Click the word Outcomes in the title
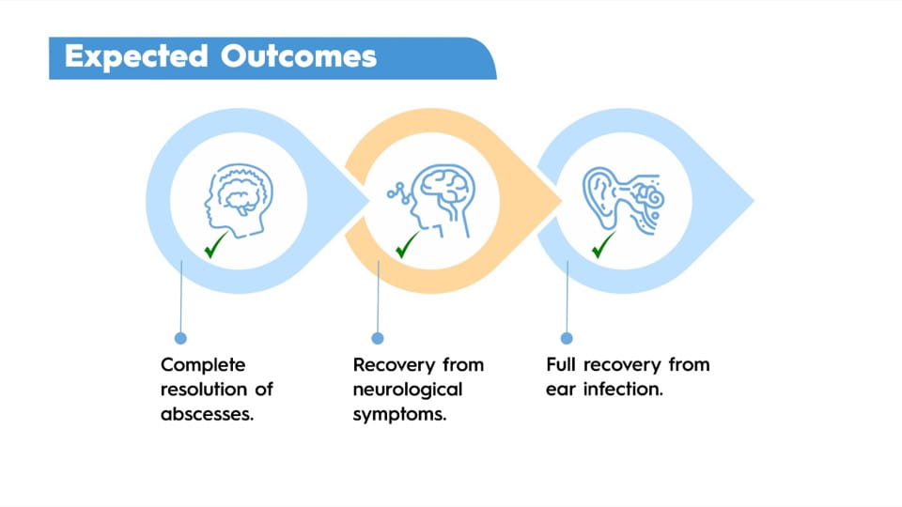[299, 56]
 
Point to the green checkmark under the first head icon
[215, 248]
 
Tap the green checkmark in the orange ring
[408, 248]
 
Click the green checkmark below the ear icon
[601, 247]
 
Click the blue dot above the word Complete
[181, 338]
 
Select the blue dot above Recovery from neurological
[378, 338]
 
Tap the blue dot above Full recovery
[567, 338]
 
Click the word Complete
[202, 364]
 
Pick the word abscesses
[207, 414]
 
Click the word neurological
[408, 390]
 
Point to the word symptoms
[399, 414]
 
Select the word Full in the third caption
[563, 364]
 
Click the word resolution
[204, 389]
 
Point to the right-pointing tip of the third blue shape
[753, 199]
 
